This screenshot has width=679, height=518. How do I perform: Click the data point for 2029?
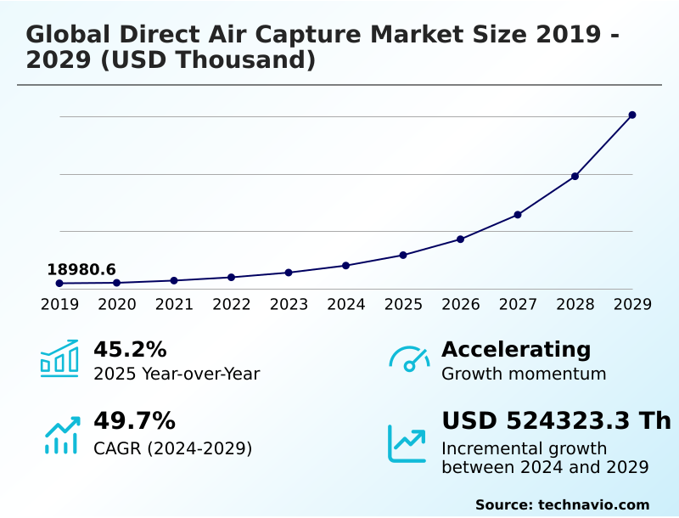[632, 115]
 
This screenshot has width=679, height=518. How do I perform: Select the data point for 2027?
[518, 215]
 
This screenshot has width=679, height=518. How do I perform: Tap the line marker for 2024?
[345, 266]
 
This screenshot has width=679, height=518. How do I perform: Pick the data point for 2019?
[59, 283]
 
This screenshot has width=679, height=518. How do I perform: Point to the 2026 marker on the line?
[460, 239]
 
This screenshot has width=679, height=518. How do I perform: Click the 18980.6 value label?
[81, 269]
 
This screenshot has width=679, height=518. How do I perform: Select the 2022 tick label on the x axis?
[231, 305]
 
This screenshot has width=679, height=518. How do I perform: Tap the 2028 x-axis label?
[575, 305]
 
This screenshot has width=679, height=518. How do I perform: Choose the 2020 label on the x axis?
[116, 305]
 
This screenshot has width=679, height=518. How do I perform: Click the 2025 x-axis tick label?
[403, 305]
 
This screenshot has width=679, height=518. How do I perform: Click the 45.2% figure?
[130, 350]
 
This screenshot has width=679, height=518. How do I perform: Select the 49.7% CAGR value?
[134, 421]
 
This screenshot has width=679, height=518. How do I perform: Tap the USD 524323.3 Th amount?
[556, 421]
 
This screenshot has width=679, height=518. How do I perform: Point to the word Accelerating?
[516, 350]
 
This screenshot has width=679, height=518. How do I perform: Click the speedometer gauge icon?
[409, 359]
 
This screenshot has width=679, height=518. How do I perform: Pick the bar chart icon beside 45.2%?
[59, 358]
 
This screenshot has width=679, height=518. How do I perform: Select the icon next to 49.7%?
[61, 435]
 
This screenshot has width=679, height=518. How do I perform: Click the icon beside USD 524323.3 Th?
[407, 442]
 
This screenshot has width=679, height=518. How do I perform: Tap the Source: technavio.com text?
[562, 504]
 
